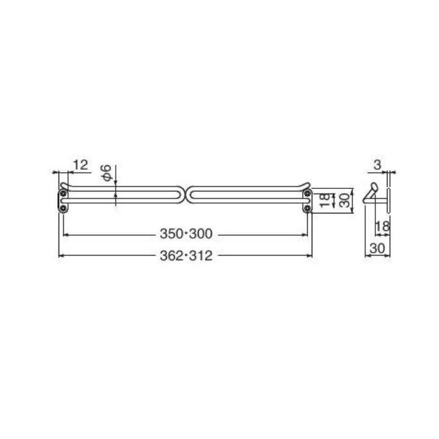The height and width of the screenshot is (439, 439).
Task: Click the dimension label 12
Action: (x=80, y=165)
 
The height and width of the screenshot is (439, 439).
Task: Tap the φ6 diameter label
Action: (x=106, y=173)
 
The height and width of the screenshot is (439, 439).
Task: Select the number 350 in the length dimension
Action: (x=171, y=234)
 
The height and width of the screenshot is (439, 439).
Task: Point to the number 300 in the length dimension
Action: (x=201, y=234)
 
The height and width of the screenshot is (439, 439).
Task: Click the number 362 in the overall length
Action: (x=171, y=256)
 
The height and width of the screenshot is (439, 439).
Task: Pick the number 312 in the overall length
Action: (x=201, y=256)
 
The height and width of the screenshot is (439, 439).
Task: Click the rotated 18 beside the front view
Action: (x=325, y=200)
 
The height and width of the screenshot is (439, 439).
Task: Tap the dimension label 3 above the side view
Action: (x=377, y=165)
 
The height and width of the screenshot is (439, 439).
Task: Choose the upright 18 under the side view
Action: (x=382, y=226)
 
